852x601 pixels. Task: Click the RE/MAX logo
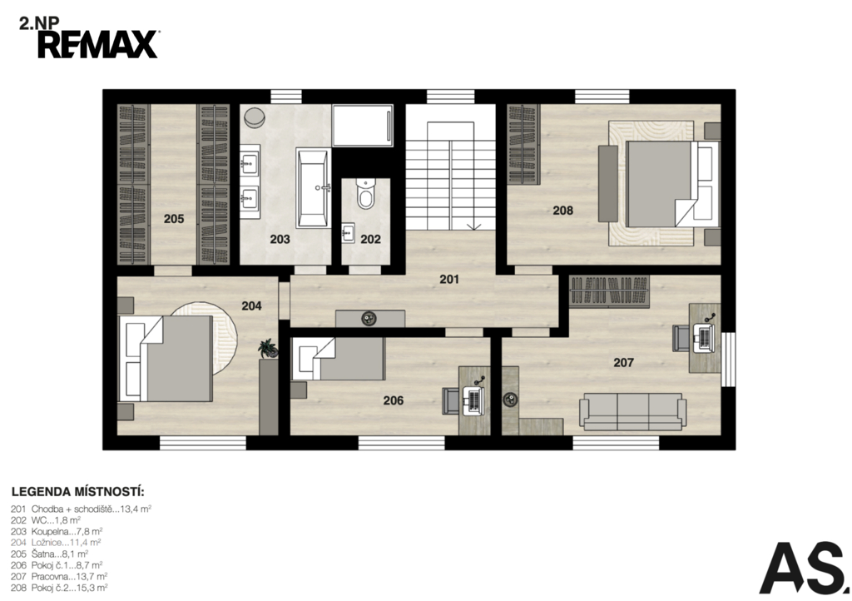point(98,44)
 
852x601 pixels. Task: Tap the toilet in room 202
point(366,195)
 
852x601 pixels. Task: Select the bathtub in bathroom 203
point(313,188)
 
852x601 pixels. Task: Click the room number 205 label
point(174,219)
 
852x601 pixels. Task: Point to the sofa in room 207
point(633,411)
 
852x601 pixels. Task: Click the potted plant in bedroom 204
point(268,348)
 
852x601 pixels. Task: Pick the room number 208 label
point(563,211)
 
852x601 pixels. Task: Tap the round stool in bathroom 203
point(254,117)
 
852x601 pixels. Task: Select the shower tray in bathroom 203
point(363,125)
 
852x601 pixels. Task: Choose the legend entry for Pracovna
point(59,577)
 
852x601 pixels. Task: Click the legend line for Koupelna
point(57,531)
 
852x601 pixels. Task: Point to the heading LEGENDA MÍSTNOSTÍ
point(77,492)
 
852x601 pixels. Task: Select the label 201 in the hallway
point(449,280)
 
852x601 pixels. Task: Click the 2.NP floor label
point(40,23)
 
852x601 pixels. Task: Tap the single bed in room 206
point(338,359)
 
